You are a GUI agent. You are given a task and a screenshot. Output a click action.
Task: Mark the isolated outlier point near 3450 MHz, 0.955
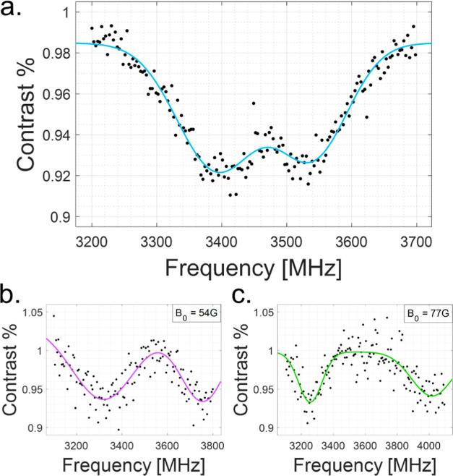tap(254, 103)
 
